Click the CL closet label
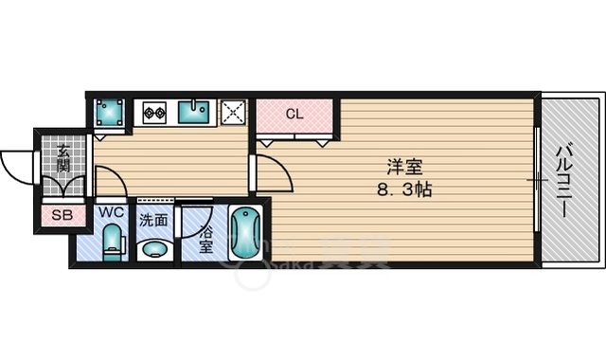pos(294,115)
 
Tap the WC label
pos(112,212)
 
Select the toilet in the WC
pos(113,241)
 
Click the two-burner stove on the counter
pos(153,113)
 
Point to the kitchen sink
pos(198,112)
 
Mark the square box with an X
pos(234,112)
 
